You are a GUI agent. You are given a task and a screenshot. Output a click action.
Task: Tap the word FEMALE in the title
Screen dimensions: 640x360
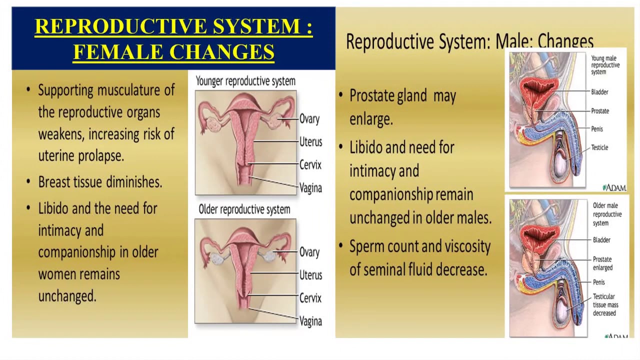point(118,51)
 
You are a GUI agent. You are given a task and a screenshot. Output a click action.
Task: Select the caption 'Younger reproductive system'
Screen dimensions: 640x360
point(245,81)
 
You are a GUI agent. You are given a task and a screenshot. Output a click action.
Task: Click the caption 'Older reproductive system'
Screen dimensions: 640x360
point(244,209)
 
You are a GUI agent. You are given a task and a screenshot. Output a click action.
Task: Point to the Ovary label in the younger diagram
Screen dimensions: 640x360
point(309,119)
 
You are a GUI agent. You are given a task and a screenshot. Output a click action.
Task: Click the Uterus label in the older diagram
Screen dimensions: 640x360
point(310,275)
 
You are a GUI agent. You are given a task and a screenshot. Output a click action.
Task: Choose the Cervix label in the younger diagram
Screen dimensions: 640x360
point(310,165)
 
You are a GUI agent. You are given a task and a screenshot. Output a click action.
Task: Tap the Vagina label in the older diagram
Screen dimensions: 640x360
point(310,321)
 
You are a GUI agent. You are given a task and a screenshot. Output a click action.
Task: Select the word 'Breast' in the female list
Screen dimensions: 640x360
point(54,182)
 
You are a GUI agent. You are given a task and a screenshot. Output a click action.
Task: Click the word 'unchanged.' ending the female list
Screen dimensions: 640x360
point(67,295)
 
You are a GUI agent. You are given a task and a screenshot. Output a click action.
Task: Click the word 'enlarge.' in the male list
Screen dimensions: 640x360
point(371,119)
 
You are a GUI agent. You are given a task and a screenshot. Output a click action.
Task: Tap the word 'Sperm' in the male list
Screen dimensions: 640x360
point(367,247)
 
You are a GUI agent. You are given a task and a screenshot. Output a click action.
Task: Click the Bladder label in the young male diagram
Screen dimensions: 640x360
point(599,92)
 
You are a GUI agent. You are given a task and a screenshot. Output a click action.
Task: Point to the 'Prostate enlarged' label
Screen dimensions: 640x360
point(602,263)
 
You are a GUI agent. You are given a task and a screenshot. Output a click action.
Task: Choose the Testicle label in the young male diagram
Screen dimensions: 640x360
point(599,147)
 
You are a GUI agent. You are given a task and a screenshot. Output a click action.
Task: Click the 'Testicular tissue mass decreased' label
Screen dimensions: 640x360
point(605,304)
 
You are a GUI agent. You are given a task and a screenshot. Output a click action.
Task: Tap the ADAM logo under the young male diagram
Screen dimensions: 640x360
point(614,187)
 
